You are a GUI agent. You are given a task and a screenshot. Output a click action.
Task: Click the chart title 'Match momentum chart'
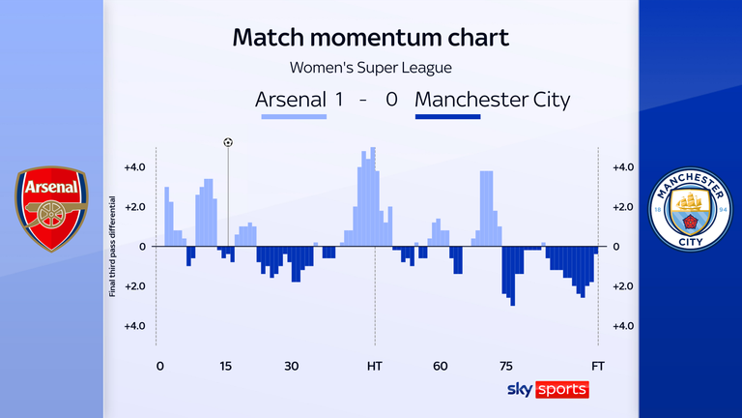(x=372, y=38)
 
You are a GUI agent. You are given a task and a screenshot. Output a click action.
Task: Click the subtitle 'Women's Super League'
(x=372, y=68)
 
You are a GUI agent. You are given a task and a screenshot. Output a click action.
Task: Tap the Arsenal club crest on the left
(x=51, y=209)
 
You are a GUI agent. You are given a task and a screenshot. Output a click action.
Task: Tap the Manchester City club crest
(x=690, y=209)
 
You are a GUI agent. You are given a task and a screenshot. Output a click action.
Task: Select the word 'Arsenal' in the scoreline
(x=291, y=100)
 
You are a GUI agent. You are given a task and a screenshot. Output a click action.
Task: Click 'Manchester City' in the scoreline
(x=492, y=100)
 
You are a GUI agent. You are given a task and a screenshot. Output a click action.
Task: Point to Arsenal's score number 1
(x=339, y=100)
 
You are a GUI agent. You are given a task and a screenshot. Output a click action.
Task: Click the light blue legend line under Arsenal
(x=294, y=118)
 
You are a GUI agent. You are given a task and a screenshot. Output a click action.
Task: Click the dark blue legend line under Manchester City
(x=447, y=118)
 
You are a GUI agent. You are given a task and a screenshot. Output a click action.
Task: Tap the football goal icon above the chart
(x=228, y=142)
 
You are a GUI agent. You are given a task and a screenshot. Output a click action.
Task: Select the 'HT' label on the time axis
(x=374, y=366)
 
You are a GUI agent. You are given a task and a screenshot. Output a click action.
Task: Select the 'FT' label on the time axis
(x=598, y=366)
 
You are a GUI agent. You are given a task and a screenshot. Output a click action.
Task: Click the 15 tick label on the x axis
(x=225, y=366)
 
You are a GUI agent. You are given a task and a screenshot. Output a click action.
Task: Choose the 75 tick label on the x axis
(x=505, y=366)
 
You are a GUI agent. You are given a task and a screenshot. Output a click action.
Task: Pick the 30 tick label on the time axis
(x=292, y=366)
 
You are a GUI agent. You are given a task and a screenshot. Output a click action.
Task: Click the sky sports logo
(x=547, y=389)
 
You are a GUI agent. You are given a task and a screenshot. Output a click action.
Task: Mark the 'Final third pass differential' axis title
(x=113, y=247)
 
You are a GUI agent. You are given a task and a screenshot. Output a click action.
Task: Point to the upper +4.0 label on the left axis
(x=134, y=166)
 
